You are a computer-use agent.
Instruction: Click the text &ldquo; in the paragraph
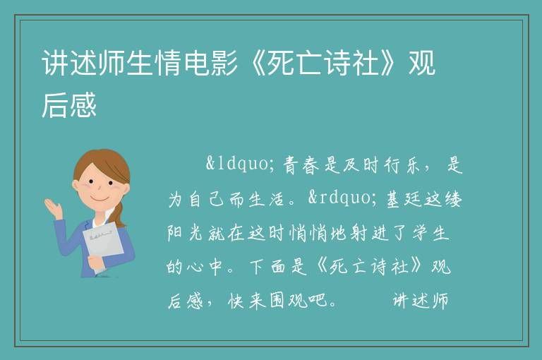click(x=241, y=164)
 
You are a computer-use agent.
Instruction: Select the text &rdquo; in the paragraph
click(x=343, y=198)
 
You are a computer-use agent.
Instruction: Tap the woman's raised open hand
click(x=53, y=208)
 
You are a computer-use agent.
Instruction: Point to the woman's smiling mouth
click(x=100, y=199)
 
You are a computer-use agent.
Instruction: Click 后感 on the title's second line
click(x=68, y=104)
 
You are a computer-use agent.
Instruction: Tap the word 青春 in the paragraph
click(x=301, y=165)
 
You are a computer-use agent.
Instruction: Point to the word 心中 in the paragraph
click(x=204, y=267)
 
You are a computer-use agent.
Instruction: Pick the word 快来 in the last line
click(x=246, y=300)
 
